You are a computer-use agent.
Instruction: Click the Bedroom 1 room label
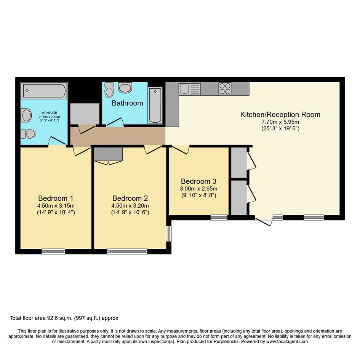click(x=56, y=198)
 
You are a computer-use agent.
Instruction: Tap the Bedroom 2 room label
click(x=130, y=198)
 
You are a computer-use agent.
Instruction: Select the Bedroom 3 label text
click(x=198, y=181)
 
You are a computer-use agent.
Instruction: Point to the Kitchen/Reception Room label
click(x=280, y=115)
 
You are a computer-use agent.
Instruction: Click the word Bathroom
click(x=127, y=103)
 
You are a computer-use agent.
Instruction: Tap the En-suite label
click(x=49, y=112)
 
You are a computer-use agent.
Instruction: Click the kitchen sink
click(x=190, y=89)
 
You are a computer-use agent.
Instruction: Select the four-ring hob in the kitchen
click(x=225, y=89)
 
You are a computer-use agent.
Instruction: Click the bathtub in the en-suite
click(x=44, y=90)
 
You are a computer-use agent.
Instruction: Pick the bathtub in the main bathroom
click(x=155, y=105)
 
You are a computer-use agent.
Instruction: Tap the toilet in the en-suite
click(x=29, y=134)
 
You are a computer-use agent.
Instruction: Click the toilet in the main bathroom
click(x=109, y=90)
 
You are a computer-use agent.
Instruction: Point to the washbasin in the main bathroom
click(x=125, y=88)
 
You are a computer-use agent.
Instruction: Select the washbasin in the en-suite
click(x=26, y=115)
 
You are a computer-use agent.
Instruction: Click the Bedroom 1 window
click(x=53, y=252)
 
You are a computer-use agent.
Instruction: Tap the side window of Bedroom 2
click(x=169, y=234)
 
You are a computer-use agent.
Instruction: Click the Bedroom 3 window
click(x=219, y=218)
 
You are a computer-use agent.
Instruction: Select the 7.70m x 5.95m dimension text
click(x=280, y=122)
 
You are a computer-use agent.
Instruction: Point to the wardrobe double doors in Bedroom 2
click(x=108, y=163)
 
